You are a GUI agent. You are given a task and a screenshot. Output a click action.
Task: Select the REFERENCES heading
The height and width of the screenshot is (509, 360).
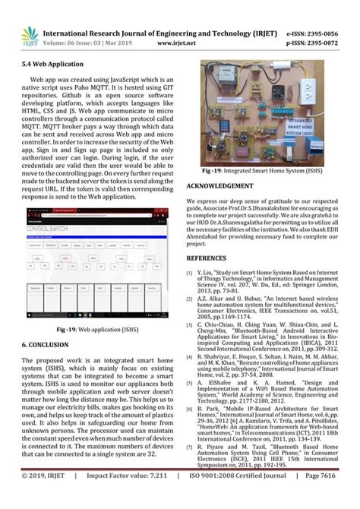[207, 259]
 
